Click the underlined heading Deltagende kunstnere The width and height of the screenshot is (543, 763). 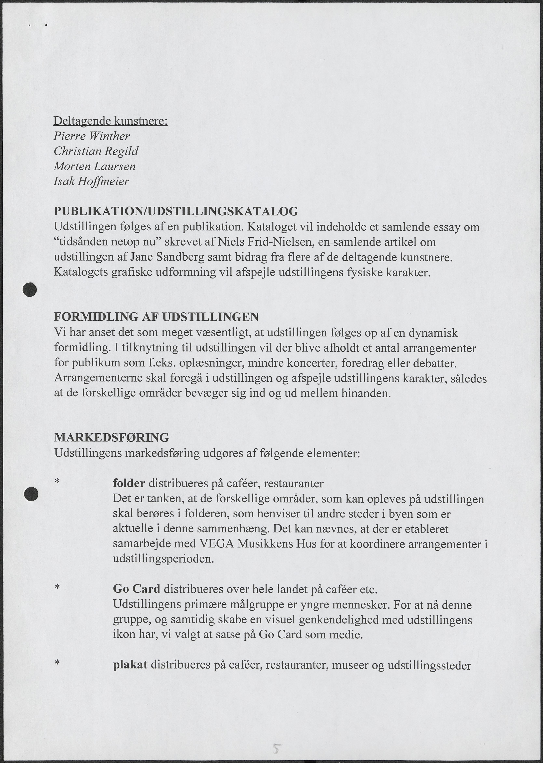(x=110, y=121)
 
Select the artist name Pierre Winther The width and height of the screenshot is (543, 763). (x=92, y=136)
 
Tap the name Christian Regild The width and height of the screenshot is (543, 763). (x=96, y=151)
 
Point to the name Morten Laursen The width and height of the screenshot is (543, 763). (x=95, y=166)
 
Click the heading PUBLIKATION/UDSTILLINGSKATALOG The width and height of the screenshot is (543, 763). (x=176, y=211)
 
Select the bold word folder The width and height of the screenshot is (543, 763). (x=129, y=483)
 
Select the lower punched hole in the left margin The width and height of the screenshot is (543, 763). (x=31, y=494)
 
